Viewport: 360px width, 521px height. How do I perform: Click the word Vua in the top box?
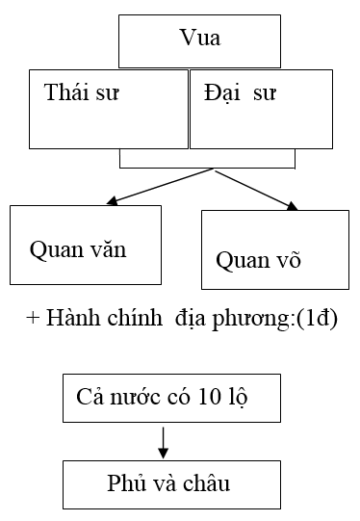(x=199, y=39)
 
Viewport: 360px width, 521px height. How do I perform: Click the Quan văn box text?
(x=78, y=248)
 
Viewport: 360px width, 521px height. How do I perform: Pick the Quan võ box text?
(x=259, y=259)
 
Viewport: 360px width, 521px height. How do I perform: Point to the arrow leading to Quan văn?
(x=159, y=187)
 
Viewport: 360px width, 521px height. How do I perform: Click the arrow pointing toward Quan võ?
(x=255, y=189)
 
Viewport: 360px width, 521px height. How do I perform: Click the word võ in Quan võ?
(x=288, y=259)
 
